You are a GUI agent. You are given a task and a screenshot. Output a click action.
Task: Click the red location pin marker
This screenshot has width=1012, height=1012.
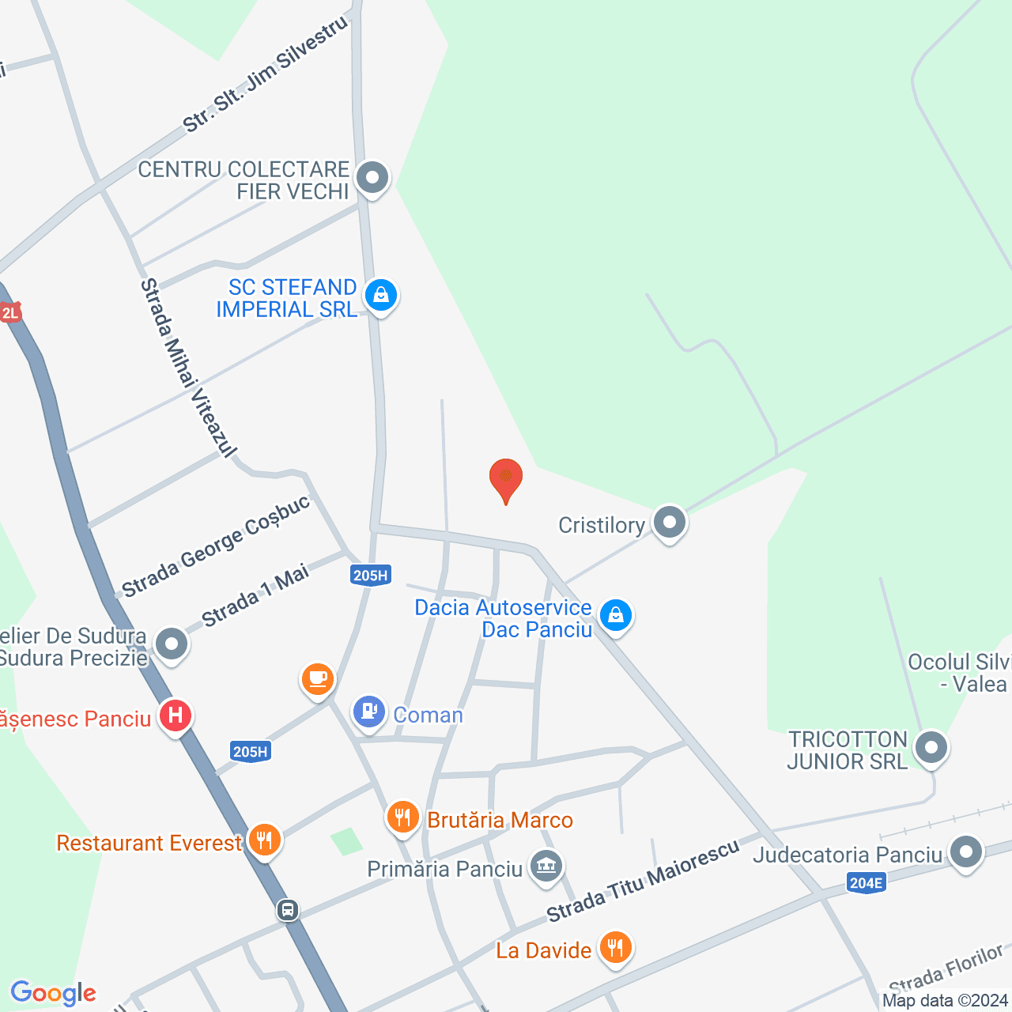coord(506,479)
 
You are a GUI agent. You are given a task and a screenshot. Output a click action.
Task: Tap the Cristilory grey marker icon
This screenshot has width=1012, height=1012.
coord(670,523)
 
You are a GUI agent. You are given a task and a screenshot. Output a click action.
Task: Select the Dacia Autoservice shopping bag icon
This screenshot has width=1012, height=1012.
coord(615,615)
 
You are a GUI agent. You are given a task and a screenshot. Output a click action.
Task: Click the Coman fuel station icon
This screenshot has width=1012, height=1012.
coord(368,712)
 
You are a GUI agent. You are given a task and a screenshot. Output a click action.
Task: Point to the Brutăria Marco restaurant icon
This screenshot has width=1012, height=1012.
coord(403,817)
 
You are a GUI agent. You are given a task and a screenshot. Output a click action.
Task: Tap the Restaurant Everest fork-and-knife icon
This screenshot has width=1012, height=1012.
coord(264,840)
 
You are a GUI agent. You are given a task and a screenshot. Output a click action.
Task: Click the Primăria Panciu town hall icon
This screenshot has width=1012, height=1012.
coord(546,867)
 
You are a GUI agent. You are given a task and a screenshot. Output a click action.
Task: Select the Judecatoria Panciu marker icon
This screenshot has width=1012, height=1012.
coord(965,852)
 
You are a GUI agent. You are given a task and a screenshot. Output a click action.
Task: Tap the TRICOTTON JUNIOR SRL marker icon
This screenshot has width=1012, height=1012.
coord(931,747)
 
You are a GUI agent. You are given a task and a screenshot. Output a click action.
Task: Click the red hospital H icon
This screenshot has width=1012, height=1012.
coord(175,716)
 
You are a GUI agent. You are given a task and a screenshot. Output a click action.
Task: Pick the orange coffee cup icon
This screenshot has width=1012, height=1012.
coord(318,679)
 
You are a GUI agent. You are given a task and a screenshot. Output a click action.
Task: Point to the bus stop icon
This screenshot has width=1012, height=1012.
coord(287,910)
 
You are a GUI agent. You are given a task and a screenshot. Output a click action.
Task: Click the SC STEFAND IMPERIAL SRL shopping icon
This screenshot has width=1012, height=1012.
coord(381,296)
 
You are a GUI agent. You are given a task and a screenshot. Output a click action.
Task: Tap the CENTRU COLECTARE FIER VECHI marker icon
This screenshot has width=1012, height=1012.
coord(372,178)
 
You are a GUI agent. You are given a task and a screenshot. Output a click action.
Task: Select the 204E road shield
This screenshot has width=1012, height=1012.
coord(866,882)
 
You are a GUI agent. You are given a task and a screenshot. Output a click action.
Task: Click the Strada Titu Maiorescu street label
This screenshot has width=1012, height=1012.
coord(642,880)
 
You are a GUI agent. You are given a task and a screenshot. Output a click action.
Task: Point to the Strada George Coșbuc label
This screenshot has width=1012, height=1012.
coord(216,546)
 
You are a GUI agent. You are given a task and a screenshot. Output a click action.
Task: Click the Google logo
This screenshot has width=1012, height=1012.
coord(53,993)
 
